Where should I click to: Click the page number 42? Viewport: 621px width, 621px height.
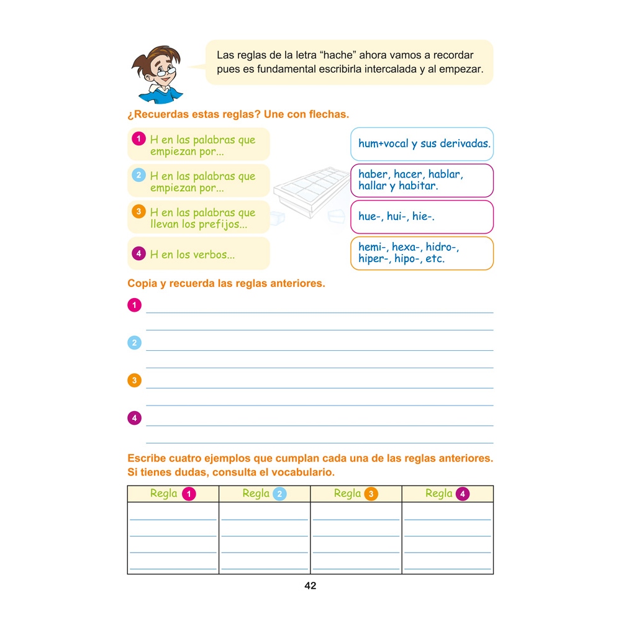pos(310,586)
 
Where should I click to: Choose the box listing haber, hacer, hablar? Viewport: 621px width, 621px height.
pos(422,180)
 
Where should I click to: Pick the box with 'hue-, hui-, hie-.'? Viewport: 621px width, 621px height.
pos(422,216)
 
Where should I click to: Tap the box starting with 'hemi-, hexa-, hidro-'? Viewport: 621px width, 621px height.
pos(422,253)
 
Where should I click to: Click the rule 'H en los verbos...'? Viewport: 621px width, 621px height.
pos(192,254)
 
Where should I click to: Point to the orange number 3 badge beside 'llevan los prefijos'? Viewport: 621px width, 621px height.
pos(139,211)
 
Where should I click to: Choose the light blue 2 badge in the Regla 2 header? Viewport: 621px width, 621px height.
pos(279,494)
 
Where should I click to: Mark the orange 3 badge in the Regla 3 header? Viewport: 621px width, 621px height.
pos(371,494)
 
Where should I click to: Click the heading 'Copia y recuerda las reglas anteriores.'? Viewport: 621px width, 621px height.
pos(226,284)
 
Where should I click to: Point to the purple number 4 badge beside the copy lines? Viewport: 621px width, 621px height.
pos(134,418)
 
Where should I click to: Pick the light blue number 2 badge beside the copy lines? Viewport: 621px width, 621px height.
pos(134,343)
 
